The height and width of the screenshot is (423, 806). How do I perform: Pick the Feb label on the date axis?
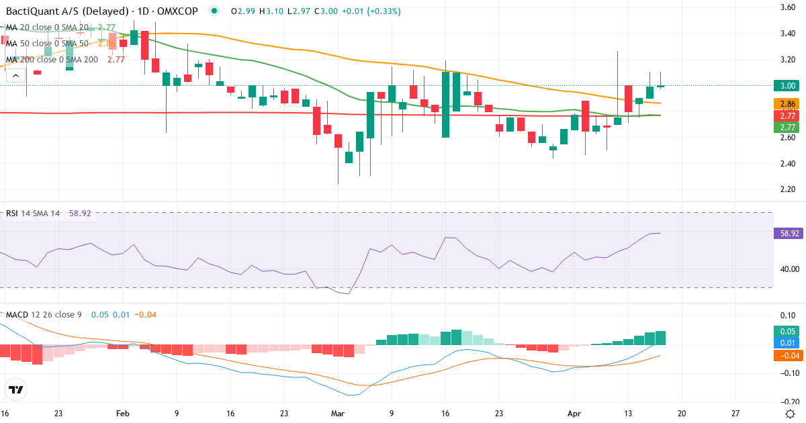pyautogui.click(x=122, y=414)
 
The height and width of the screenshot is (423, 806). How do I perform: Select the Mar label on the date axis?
pyautogui.click(x=337, y=414)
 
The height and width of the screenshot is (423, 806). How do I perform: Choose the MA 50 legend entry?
pyautogui.click(x=47, y=44)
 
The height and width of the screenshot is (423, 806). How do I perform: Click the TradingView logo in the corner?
pyautogui.click(x=16, y=389)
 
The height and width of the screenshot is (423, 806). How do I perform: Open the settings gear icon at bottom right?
pyautogui.click(x=791, y=414)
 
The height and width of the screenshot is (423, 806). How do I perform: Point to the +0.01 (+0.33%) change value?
pyautogui.click(x=371, y=11)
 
